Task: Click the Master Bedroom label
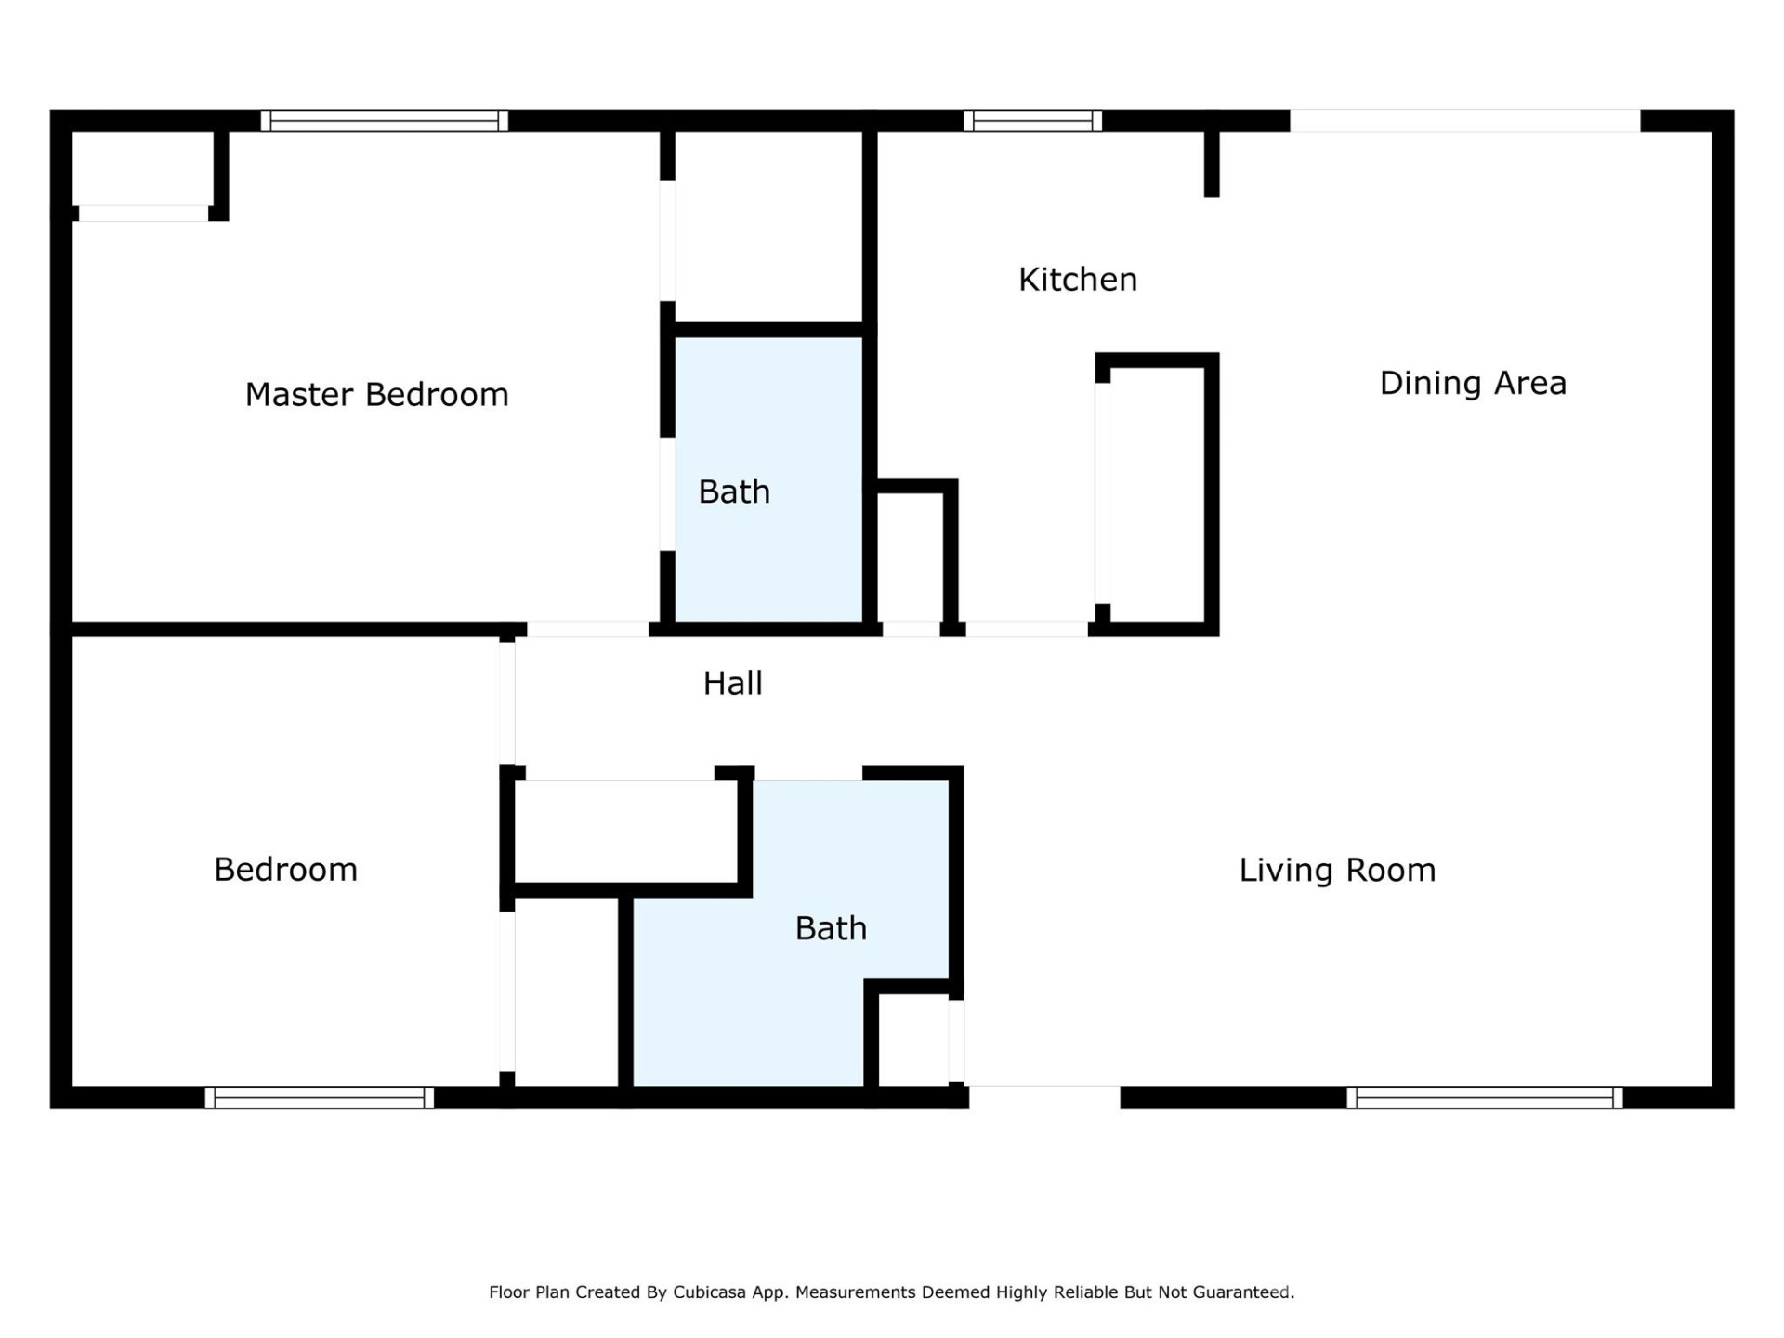[376, 395]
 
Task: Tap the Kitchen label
[1077, 280]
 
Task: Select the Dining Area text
[1472, 383]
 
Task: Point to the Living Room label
[1336, 871]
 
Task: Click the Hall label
[732, 684]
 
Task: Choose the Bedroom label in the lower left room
[285, 870]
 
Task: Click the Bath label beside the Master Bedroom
[734, 492]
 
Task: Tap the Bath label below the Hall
[831, 928]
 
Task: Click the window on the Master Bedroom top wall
[384, 121]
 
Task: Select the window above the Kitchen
[1031, 121]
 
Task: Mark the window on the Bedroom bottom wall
[319, 1097]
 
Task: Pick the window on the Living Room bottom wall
[1484, 1097]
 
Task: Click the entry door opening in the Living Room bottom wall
[1044, 1096]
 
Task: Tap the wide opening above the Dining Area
[1464, 121]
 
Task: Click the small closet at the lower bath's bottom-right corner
[912, 1039]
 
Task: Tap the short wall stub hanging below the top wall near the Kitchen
[1212, 163]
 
